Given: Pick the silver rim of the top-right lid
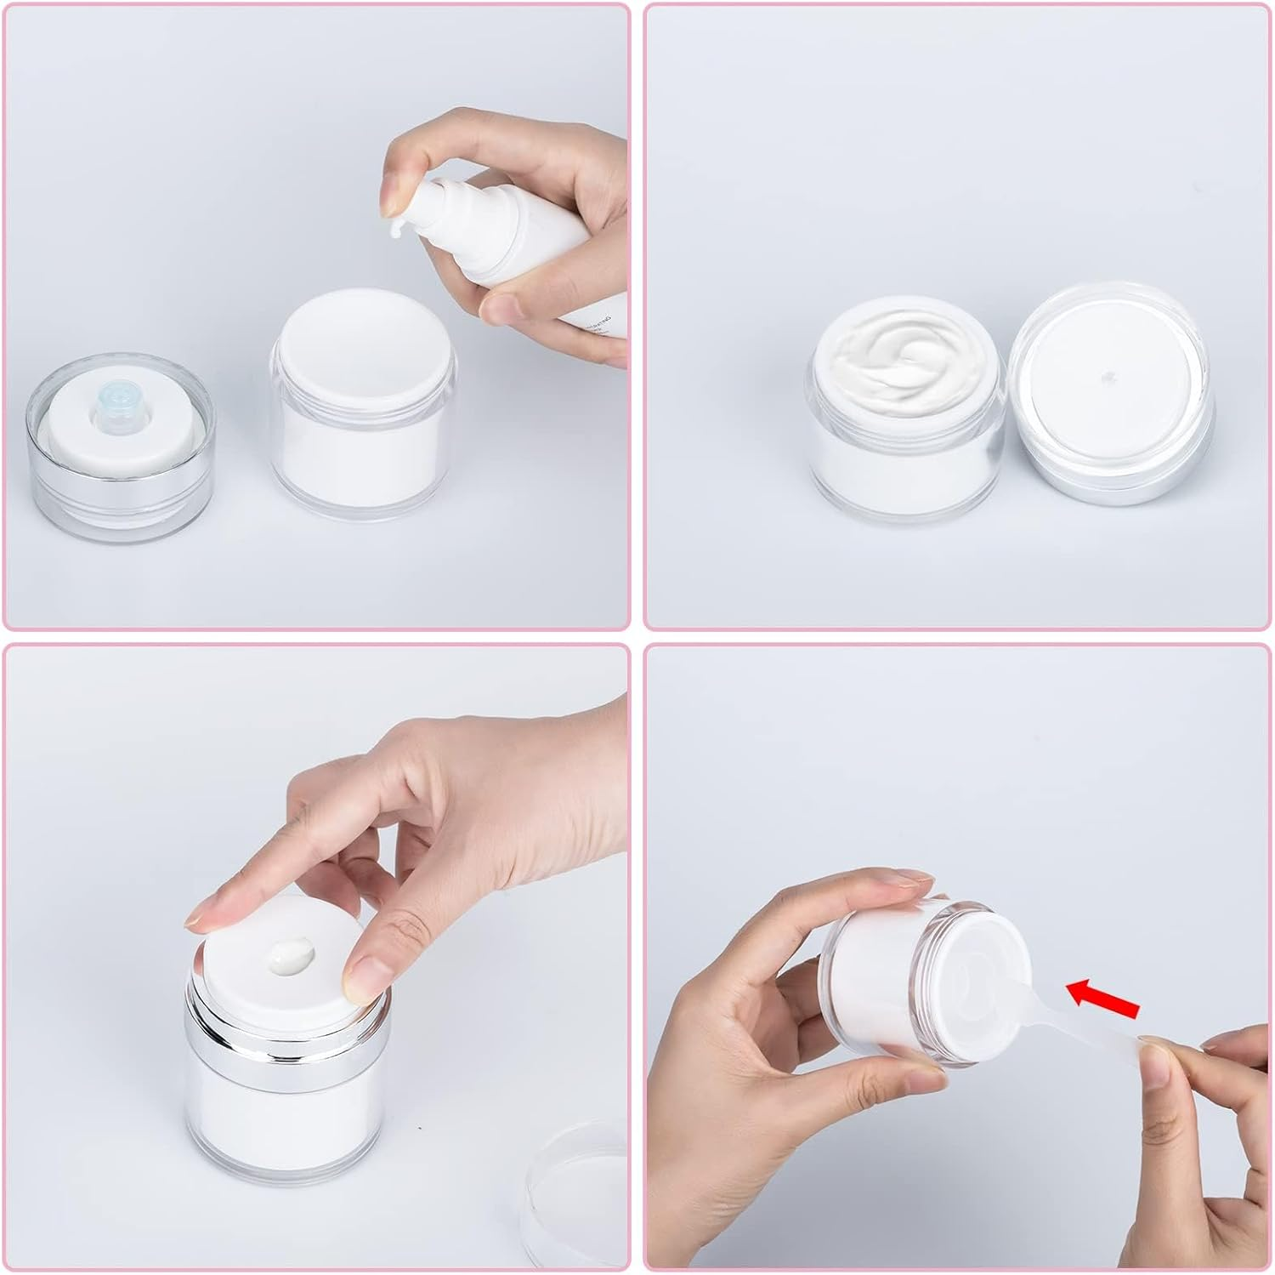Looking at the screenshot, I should click(1113, 476).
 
